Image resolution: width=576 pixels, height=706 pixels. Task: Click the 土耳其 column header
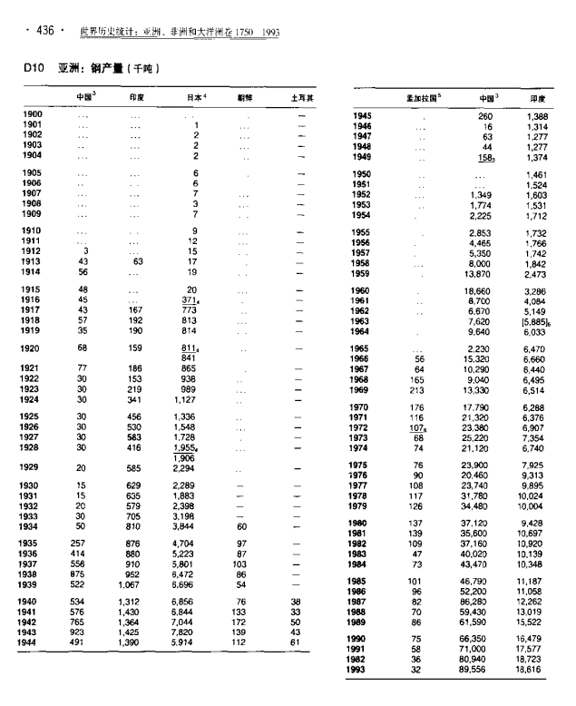(295, 95)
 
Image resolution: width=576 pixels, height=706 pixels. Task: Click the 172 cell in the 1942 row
(240, 623)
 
